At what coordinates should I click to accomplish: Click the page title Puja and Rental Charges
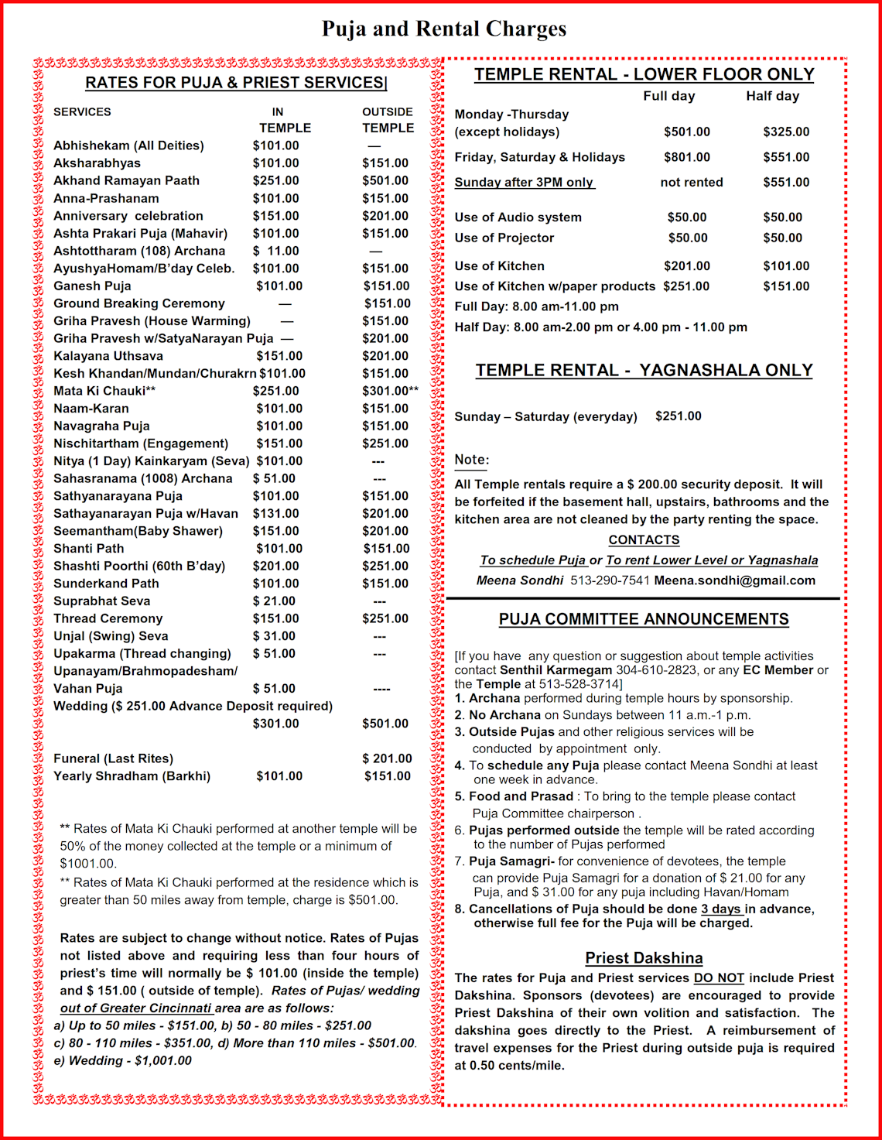pos(444,29)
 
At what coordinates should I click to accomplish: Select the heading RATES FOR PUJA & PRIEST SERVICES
pos(235,83)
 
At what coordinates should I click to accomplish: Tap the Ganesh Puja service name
pos(92,286)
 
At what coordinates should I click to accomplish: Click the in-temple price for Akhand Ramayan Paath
pos(275,180)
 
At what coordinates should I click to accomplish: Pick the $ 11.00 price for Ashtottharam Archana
pos(275,251)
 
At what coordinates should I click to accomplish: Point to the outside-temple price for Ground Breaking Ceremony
pos(387,303)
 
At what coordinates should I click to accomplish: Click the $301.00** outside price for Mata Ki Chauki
pos(390,391)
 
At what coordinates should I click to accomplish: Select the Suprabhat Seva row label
pos(101,601)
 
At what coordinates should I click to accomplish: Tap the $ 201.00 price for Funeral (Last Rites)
pos(387,758)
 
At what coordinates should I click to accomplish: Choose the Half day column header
pos(772,96)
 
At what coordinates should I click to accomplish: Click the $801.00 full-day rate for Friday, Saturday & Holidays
pos(686,157)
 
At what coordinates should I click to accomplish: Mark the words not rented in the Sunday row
pos(691,183)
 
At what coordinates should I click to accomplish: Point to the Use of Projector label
pos(504,238)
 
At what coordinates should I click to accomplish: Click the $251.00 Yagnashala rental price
pos(678,416)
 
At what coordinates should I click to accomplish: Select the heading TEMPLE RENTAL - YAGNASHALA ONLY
pos(644,371)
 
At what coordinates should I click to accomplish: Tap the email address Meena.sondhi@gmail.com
pos(734,580)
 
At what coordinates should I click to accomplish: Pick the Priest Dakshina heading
pos(644,958)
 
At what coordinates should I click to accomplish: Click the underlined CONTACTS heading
pos(644,540)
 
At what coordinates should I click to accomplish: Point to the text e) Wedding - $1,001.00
pos(122,1060)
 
